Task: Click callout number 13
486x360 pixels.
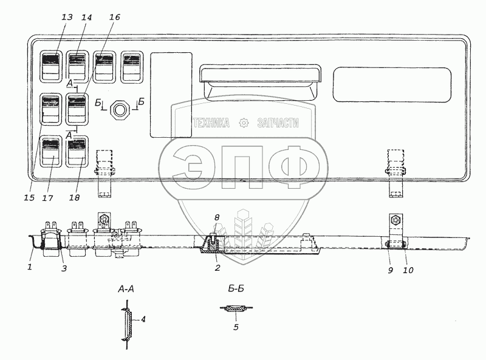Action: point(67,17)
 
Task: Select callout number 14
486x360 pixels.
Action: point(87,18)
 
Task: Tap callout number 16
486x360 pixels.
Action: point(115,17)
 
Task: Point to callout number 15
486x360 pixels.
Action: point(29,198)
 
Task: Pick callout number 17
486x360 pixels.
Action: point(48,198)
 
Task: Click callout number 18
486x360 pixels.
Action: point(74,198)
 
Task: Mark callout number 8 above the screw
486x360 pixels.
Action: point(217,217)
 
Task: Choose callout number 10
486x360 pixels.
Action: point(408,270)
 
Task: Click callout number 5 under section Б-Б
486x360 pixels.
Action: point(236,327)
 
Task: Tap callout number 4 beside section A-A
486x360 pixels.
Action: point(143,319)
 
